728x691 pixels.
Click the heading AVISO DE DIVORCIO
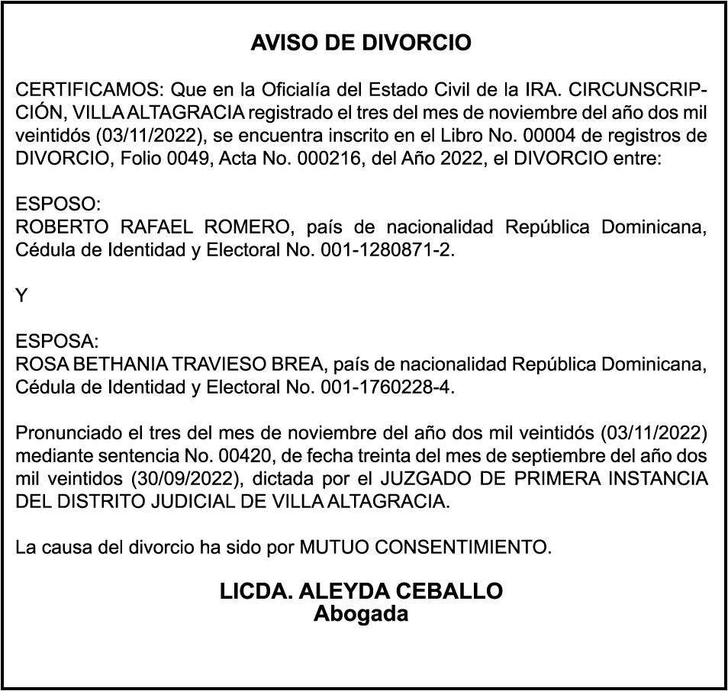pyautogui.click(x=361, y=43)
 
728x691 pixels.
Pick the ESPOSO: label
pyautogui.click(x=57, y=205)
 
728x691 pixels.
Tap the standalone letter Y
pyautogui.click(x=21, y=296)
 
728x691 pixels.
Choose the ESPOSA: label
pyautogui.click(x=57, y=341)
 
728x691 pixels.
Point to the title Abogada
pyautogui.click(x=361, y=613)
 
